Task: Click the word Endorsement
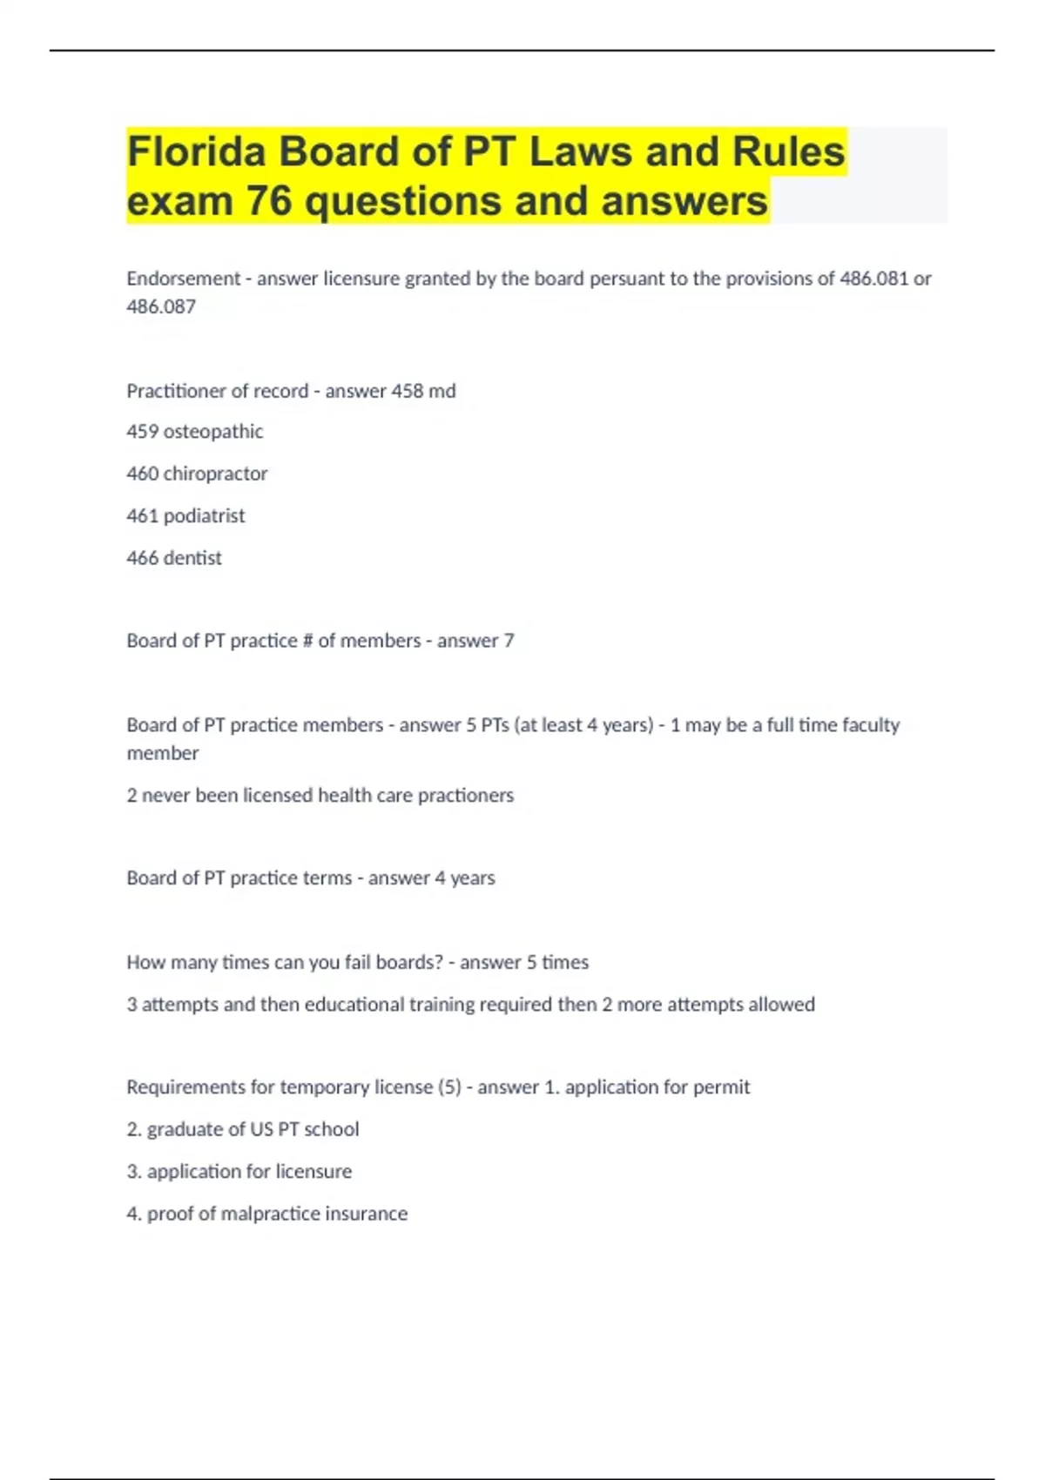click(x=183, y=279)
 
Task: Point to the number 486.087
click(x=161, y=306)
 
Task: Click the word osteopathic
click(x=213, y=432)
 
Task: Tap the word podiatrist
click(x=205, y=516)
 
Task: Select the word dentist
click(x=192, y=558)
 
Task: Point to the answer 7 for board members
click(x=509, y=641)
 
